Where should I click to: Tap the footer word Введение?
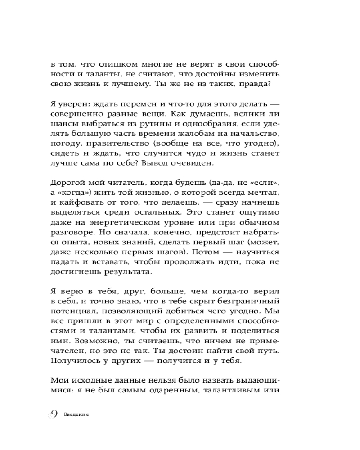coord(76,415)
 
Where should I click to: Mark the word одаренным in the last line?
coord(174,391)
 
